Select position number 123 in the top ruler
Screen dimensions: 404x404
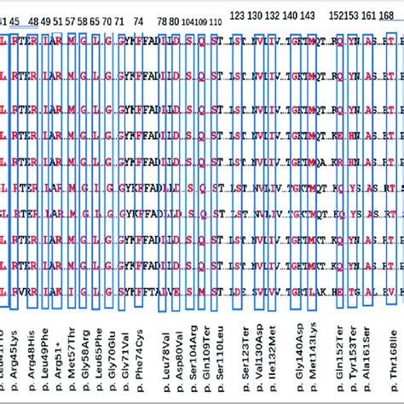pos(239,16)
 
